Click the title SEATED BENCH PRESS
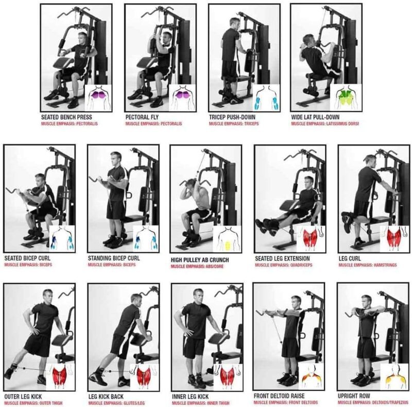coord(66,117)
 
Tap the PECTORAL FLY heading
coord(142,117)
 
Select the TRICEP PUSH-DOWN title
coord(232,117)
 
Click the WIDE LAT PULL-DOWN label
coord(315,117)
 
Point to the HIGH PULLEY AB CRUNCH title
coord(200,260)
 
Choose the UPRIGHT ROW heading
coord(354,396)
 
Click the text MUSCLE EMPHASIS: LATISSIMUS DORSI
coord(325,124)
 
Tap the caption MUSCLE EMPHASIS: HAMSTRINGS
coord(368,265)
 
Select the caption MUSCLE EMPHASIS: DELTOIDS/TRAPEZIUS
coord(373,402)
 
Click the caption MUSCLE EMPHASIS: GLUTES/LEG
coord(116,403)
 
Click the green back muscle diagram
coord(346,97)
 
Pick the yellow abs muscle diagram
coord(227,239)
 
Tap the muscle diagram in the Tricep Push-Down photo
coord(266,97)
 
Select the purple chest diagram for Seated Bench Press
coord(98,97)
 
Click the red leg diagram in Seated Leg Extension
coord(311,239)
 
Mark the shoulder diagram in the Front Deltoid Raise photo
coord(312,377)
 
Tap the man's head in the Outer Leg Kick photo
coord(48,296)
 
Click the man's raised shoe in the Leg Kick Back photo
coord(97,375)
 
